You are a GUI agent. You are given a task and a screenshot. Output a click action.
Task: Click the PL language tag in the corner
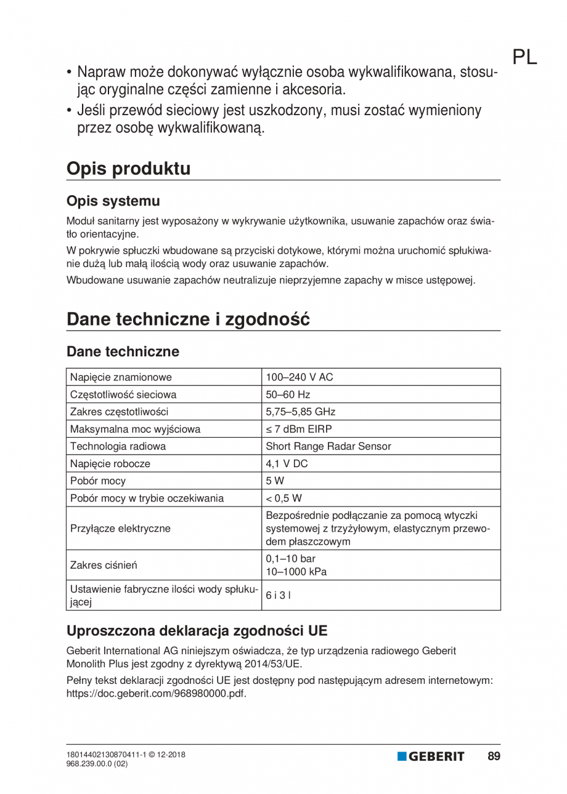click(524, 57)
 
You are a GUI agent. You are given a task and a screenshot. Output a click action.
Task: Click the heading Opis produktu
click(128, 169)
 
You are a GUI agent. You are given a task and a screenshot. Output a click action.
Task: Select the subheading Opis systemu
click(113, 201)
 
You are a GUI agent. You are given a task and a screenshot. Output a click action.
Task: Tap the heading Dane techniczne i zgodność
click(188, 319)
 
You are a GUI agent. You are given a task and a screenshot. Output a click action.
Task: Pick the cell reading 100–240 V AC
click(299, 377)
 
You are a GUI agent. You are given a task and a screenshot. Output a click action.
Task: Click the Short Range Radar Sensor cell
click(328, 446)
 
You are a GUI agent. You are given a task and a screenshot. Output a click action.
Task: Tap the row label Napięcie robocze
click(110, 463)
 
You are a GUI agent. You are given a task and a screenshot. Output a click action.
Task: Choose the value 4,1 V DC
click(287, 463)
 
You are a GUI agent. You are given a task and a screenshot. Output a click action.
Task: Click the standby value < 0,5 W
click(283, 498)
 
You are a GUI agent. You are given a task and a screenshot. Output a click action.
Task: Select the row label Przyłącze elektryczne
click(121, 527)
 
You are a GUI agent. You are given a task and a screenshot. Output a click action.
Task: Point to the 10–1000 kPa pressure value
click(296, 571)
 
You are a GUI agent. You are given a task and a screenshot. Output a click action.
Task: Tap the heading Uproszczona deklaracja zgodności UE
click(197, 631)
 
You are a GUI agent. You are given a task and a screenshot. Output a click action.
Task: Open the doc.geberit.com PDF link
click(156, 693)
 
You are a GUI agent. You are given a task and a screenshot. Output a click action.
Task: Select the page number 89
click(494, 756)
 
